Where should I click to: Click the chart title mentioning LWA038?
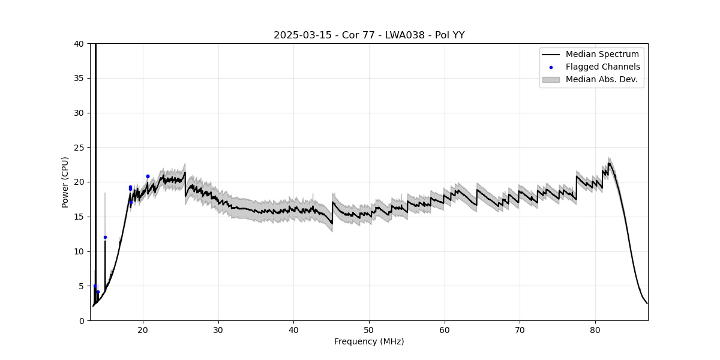(x=369, y=35)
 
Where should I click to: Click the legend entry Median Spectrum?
(x=602, y=54)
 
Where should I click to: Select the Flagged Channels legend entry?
(x=602, y=67)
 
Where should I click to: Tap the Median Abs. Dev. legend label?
(x=601, y=79)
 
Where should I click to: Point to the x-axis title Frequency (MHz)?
(x=369, y=341)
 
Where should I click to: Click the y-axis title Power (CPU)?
(x=65, y=182)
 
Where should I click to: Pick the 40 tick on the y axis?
(x=79, y=44)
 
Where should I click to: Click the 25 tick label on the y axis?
(x=79, y=148)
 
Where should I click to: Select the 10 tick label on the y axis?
(x=79, y=251)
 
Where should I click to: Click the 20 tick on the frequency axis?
(x=143, y=331)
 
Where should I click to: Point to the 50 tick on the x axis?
(x=369, y=331)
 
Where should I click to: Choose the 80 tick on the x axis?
(x=595, y=331)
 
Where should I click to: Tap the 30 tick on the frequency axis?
(x=218, y=331)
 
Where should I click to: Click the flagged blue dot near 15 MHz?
(x=105, y=237)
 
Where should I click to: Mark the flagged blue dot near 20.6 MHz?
(x=148, y=176)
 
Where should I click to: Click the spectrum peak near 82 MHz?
(x=609, y=163)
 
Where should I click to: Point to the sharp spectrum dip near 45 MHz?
(x=332, y=223)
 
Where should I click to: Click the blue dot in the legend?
(x=551, y=67)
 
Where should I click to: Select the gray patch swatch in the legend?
(x=551, y=79)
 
